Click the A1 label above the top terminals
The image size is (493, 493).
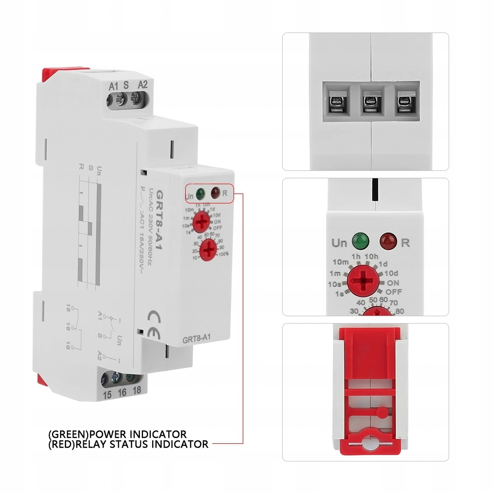click(113, 85)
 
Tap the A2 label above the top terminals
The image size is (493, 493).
click(142, 83)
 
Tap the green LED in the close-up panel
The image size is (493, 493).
click(361, 241)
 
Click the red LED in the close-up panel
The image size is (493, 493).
click(386, 241)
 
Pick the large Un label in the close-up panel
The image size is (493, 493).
click(339, 243)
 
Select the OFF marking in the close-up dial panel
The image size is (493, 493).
click(394, 292)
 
